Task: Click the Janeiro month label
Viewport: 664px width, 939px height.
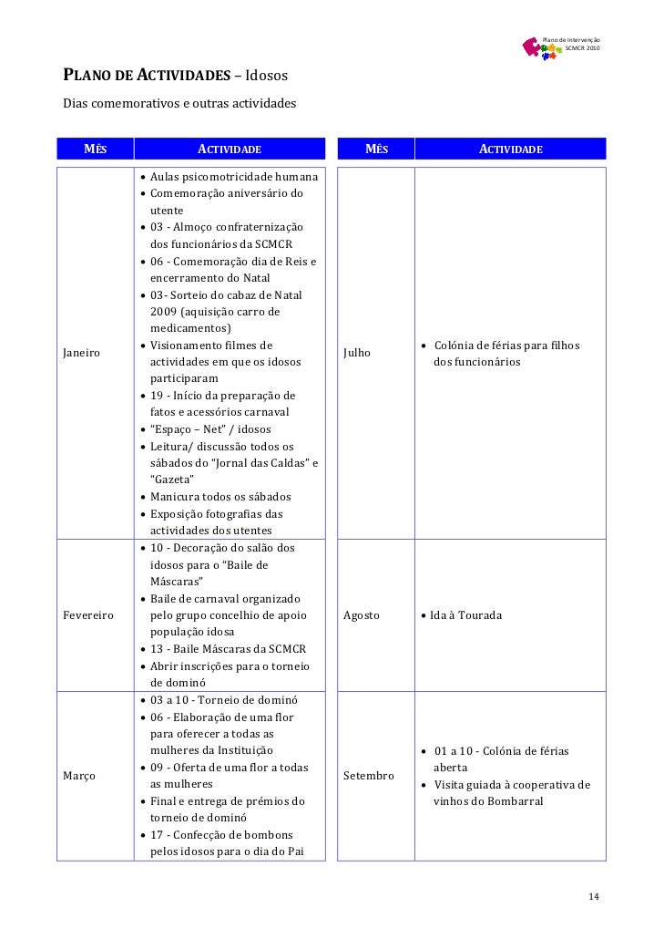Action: point(82,352)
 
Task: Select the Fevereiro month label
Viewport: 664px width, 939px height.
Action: point(87,615)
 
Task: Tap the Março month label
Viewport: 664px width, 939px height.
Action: point(79,776)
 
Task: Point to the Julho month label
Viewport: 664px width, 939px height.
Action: point(357,352)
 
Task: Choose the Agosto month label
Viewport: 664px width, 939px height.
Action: point(362,615)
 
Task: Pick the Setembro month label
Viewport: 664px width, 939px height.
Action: point(369,776)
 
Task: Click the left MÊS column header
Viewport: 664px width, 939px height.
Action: point(96,149)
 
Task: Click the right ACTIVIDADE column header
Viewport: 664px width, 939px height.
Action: point(511,149)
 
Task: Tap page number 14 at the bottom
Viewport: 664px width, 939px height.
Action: point(594,898)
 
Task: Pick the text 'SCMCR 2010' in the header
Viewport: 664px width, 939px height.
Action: point(582,47)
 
